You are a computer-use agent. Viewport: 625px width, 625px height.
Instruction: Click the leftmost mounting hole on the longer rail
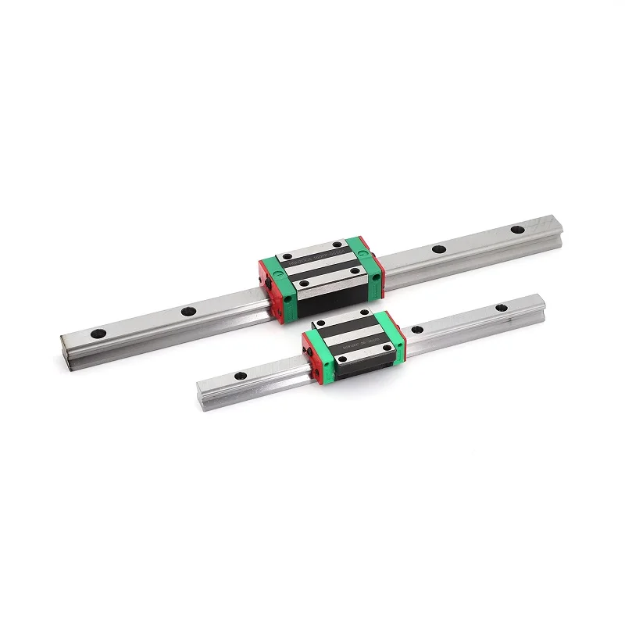(x=99, y=334)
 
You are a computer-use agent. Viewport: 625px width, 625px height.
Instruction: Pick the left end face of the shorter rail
(x=201, y=387)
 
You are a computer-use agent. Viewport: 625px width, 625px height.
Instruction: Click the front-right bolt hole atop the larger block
(x=355, y=272)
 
